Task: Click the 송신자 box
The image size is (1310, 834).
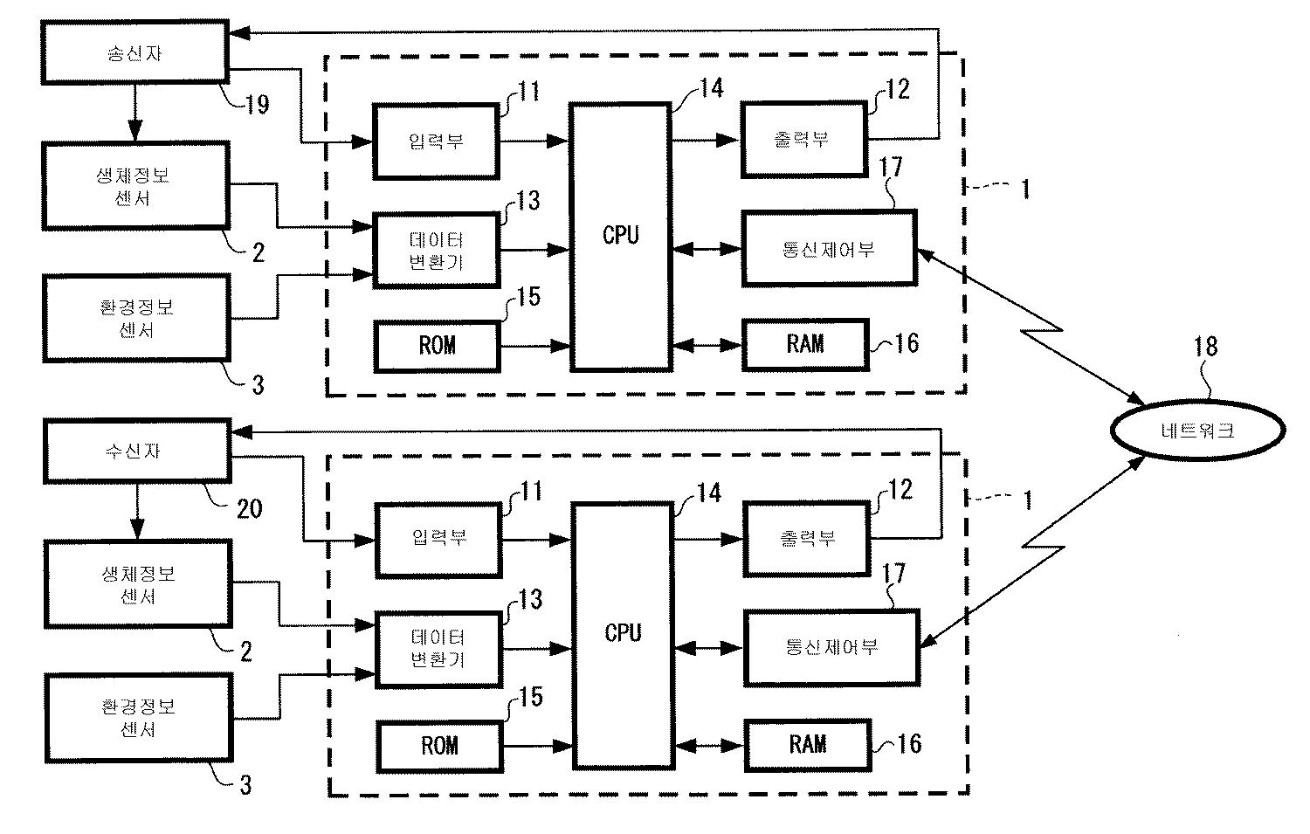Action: (x=135, y=54)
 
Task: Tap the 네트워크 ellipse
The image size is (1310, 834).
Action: (x=1197, y=430)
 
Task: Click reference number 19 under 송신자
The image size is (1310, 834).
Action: (x=255, y=105)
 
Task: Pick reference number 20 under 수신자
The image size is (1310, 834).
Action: (x=249, y=507)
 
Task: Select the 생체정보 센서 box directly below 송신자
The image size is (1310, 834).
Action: (x=136, y=186)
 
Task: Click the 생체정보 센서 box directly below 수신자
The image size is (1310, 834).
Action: (x=139, y=584)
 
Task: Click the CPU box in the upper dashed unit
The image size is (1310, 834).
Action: (x=621, y=236)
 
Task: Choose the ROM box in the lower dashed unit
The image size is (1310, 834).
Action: (x=439, y=745)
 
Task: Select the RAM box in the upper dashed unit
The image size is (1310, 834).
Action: (x=804, y=344)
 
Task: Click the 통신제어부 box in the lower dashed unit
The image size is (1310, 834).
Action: (x=831, y=647)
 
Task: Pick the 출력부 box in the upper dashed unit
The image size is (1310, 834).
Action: (x=803, y=140)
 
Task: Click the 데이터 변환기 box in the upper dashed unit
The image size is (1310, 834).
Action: (x=437, y=250)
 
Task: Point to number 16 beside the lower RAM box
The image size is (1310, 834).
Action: (x=909, y=743)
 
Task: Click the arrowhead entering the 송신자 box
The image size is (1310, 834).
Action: (x=238, y=34)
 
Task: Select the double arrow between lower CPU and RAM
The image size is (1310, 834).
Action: (x=708, y=745)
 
